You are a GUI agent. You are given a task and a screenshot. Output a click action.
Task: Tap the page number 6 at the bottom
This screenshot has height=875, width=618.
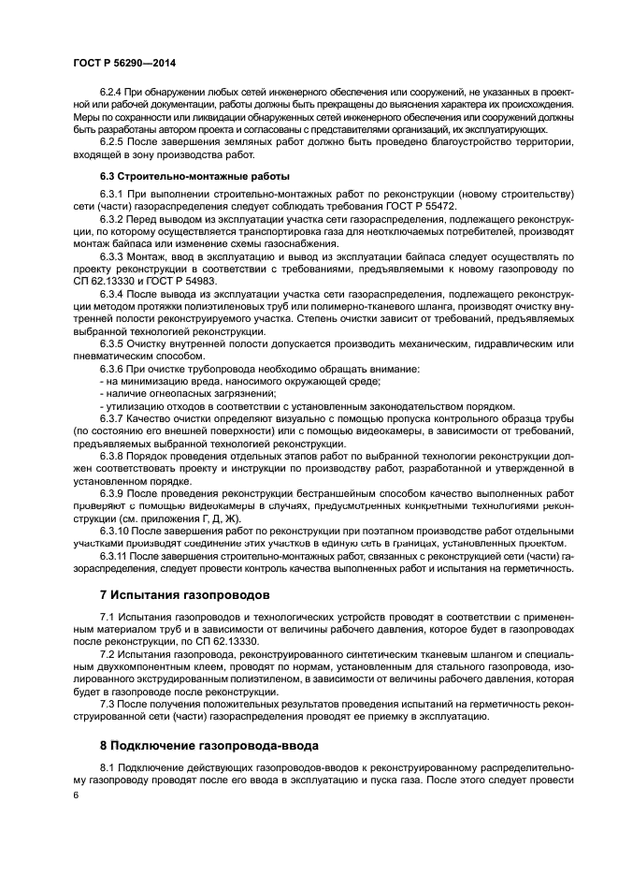76,795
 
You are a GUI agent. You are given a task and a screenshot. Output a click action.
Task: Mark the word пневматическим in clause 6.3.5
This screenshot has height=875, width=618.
105,356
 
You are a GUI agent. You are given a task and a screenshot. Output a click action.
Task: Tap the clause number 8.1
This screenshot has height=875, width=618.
107,768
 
